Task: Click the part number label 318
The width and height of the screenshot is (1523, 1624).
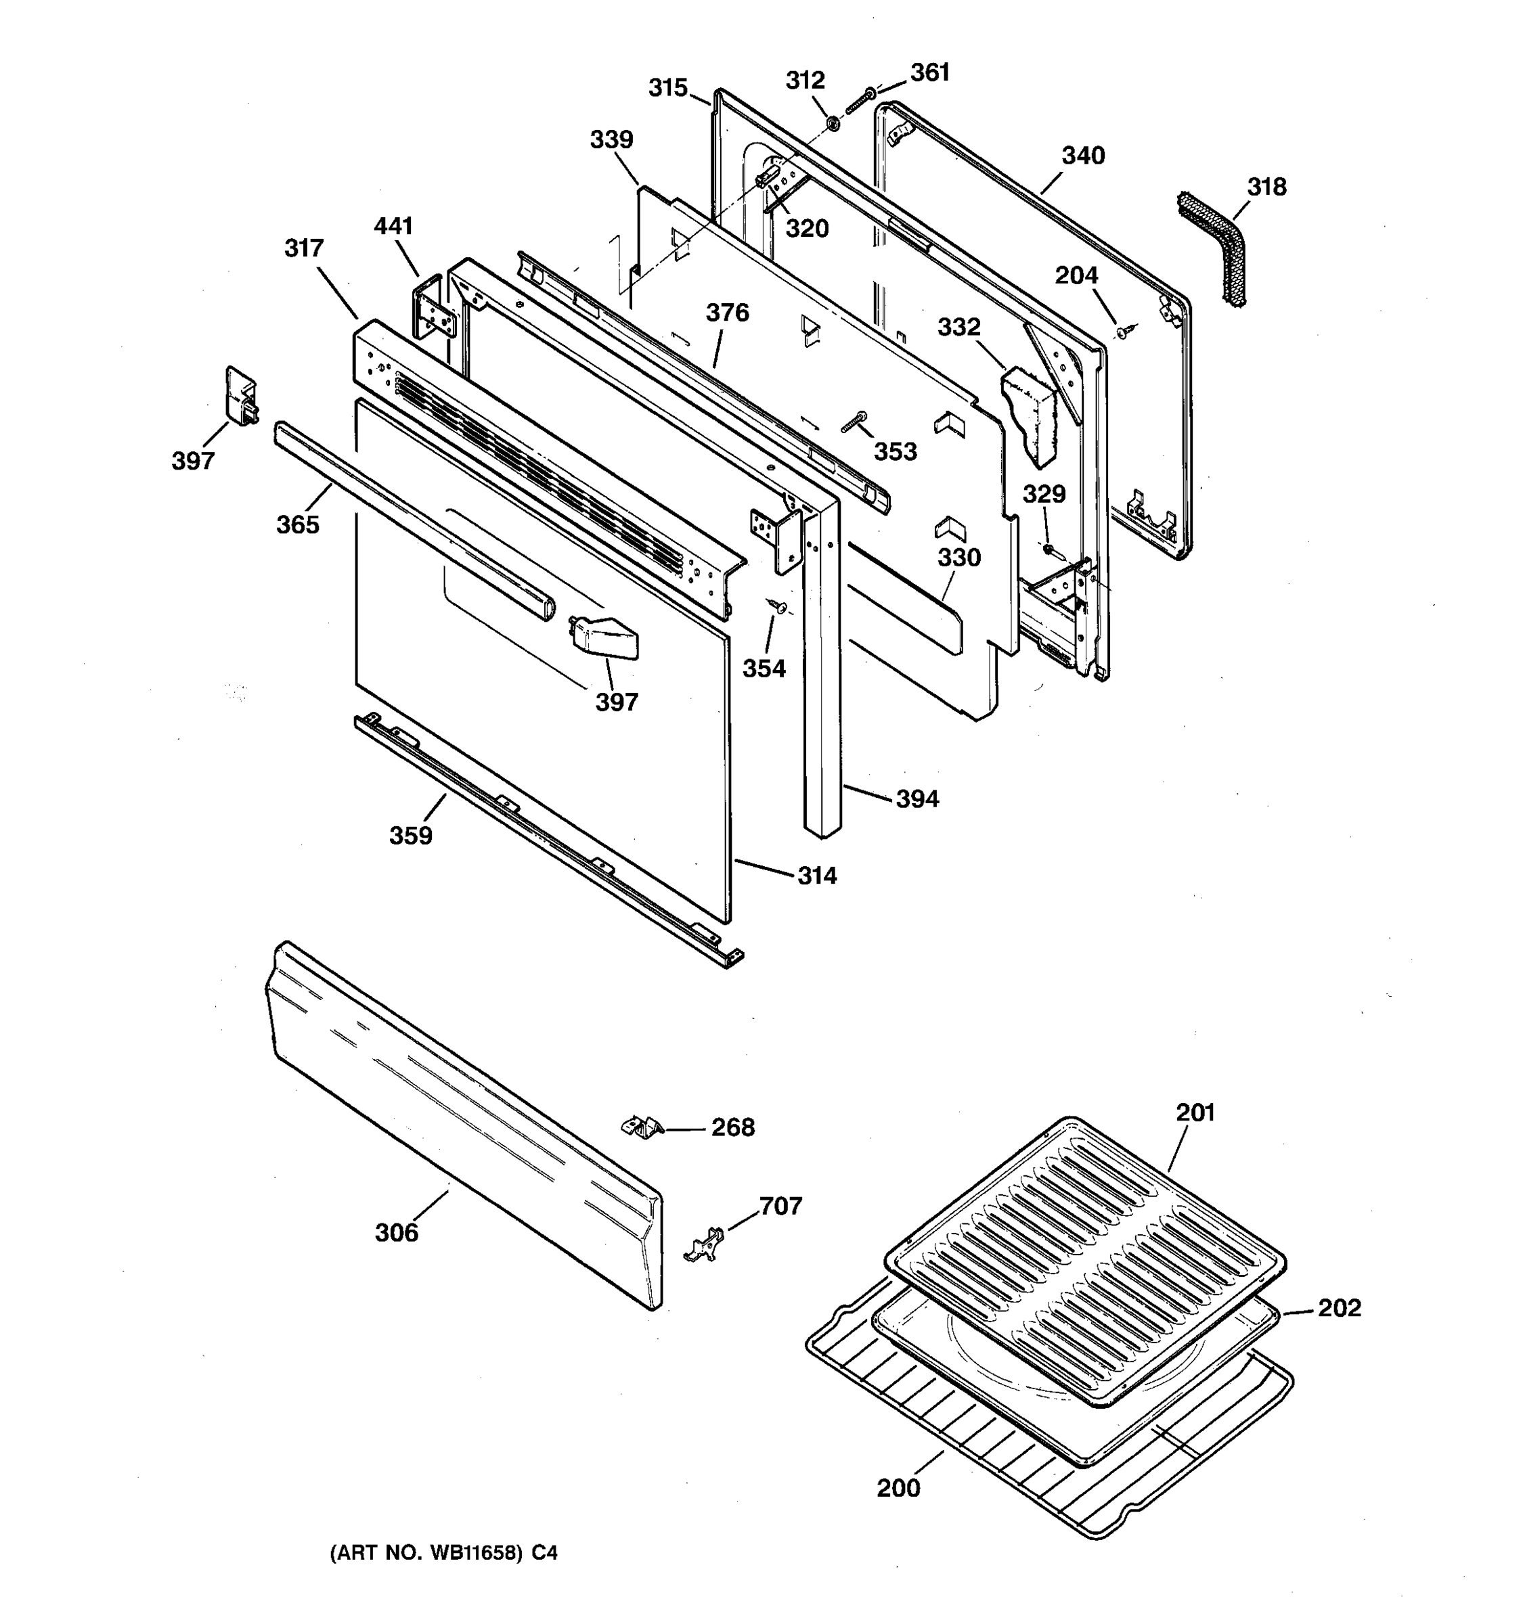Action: pyautogui.click(x=1266, y=187)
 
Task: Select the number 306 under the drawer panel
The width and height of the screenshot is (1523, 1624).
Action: pyautogui.click(x=396, y=1233)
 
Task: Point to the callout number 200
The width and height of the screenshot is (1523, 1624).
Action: pyautogui.click(x=898, y=1489)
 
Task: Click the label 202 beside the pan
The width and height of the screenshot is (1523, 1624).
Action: pyautogui.click(x=1339, y=1308)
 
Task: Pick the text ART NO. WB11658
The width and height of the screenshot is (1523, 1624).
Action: pyautogui.click(x=425, y=1553)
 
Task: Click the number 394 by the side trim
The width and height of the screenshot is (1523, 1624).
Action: pyautogui.click(x=917, y=799)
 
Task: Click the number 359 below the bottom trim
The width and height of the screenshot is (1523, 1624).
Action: pyautogui.click(x=410, y=836)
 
